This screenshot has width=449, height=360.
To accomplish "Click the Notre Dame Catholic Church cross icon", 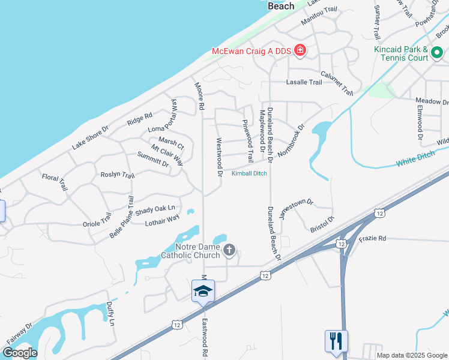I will click(229, 250).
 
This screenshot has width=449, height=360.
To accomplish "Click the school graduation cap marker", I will click(203, 292).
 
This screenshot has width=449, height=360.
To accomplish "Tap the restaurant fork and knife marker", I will click(336, 341).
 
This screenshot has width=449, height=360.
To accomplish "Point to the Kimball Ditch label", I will click(249, 173).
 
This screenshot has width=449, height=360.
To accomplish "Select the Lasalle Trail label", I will click(304, 82).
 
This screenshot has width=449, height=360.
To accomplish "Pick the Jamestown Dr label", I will click(297, 209).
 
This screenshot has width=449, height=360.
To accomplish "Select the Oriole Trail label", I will click(97, 220).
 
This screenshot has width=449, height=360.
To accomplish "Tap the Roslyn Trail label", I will click(118, 175).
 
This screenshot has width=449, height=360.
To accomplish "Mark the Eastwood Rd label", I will click(205, 338).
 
